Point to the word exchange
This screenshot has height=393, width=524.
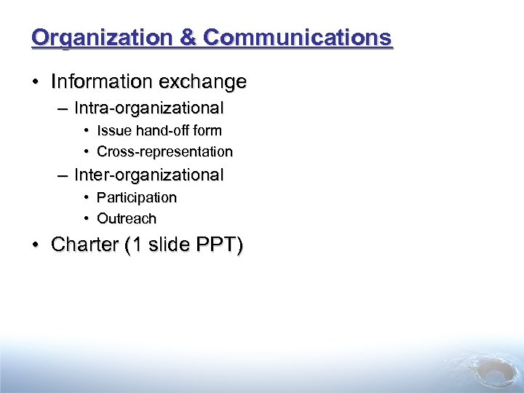tap(207, 82)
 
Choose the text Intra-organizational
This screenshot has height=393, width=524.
tap(148, 108)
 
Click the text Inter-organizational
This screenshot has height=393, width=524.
tap(148, 175)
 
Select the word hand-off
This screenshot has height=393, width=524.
tap(156, 131)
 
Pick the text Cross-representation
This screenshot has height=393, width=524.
tap(164, 152)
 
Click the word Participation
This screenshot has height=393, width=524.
tap(137, 197)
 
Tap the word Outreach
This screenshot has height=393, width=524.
tap(127, 218)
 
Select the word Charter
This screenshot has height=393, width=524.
tap(85, 245)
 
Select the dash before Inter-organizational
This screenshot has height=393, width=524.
tap(60, 175)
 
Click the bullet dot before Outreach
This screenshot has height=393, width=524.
tap(86, 218)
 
